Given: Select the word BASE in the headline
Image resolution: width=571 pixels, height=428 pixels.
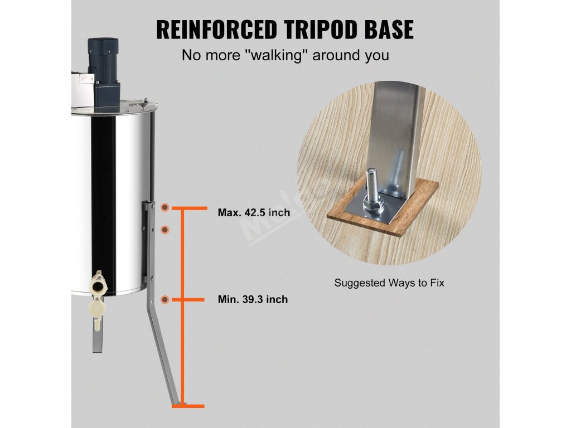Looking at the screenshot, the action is (388, 29).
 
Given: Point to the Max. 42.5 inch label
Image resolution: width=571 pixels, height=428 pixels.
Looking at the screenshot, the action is (254, 213).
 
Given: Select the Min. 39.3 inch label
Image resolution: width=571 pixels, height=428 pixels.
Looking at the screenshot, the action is (253, 300).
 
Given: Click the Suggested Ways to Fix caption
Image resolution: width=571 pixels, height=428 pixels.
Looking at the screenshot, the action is (389, 283).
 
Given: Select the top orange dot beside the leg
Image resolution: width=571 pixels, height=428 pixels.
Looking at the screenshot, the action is (165, 207).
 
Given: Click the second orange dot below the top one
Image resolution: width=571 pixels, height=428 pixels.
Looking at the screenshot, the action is (165, 229).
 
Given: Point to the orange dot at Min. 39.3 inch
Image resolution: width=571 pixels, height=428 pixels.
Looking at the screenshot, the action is (165, 300).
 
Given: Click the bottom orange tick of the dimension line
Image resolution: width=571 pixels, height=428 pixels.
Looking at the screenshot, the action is (187, 406).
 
